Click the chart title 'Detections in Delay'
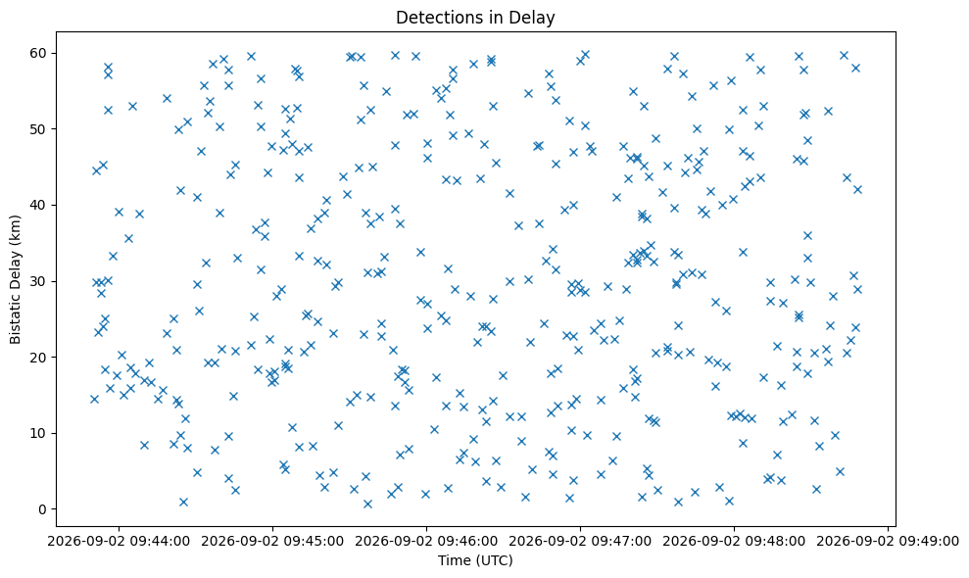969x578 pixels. click(x=475, y=18)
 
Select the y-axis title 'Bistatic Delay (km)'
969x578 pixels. click(x=16, y=279)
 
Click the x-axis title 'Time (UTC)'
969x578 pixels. click(x=475, y=560)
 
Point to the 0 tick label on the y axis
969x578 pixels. click(x=43, y=509)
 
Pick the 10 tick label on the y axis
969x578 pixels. click(x=39, y=433)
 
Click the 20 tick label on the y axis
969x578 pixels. click(x=39, y=358)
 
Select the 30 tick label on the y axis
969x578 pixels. click(x=39, y=281)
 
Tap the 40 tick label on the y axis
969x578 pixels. click(x=39, y=205)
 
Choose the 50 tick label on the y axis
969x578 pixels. click(x=39, y=129)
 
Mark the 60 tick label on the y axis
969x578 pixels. click(x=39, y=53)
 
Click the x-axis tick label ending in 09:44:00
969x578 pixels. click(x=119, y=542)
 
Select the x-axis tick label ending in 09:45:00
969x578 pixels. click(x=272, y=542)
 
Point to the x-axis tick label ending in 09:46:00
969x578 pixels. click(x=426, y=542)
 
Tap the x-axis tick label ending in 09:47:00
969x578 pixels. click(x=580, y=542)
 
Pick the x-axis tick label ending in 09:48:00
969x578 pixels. click(x=734, y=542)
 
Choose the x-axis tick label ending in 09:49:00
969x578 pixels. click(x=888, y=542)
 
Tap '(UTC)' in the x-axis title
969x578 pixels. click(x=493, y=560)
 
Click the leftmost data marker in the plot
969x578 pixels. click(x=94, y=400)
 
